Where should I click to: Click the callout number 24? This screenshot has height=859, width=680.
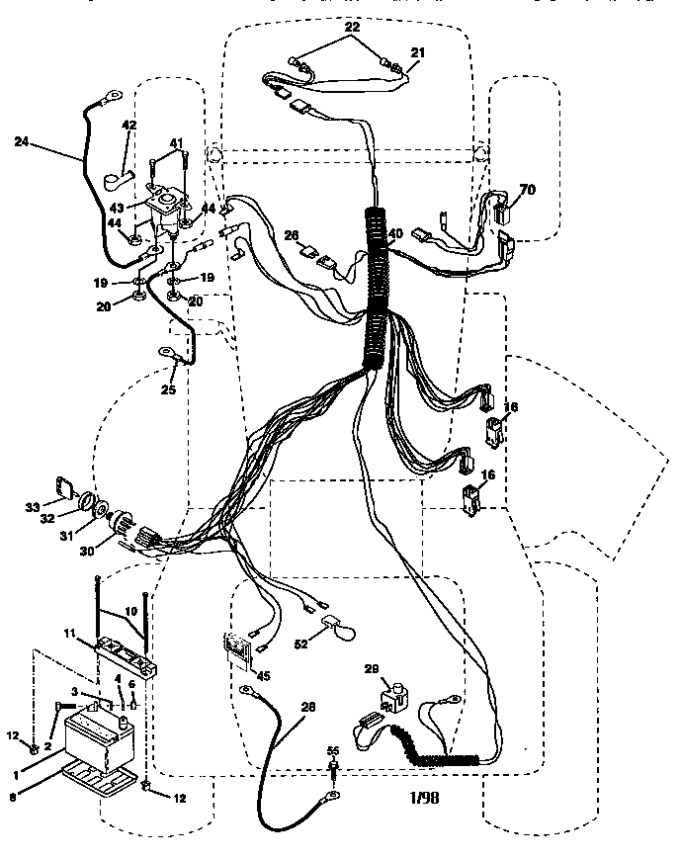[22, 142]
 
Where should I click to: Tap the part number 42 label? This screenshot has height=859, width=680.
[129, 126]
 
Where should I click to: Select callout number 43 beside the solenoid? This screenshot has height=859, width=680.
[116, 209]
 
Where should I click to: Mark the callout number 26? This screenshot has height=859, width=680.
[291, 236]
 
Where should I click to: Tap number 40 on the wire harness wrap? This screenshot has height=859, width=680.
[395, 234]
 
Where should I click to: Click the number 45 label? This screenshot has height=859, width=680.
[261, 675]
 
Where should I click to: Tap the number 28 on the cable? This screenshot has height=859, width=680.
[308, 706]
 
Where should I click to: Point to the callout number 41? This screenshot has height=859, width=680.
[178, 143]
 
